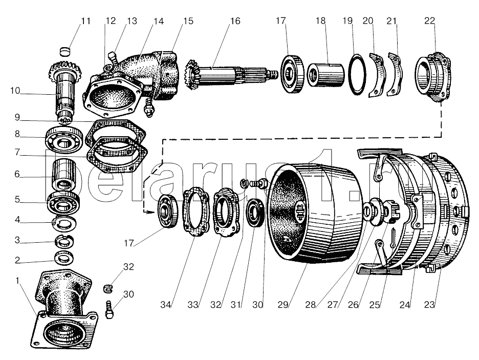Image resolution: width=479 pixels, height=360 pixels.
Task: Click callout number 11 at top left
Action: pyautogui.click(x=85, y=21)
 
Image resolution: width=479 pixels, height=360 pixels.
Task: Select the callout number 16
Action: pyautogui.click(x=234, y=21)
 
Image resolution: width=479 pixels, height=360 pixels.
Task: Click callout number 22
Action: pyautogui.click(x=429, y=21)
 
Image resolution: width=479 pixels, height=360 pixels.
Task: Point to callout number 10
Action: pyautogui.click(x=15, y=92)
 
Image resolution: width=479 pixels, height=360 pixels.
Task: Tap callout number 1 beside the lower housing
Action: pyautogui.click(x=19, y=281)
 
